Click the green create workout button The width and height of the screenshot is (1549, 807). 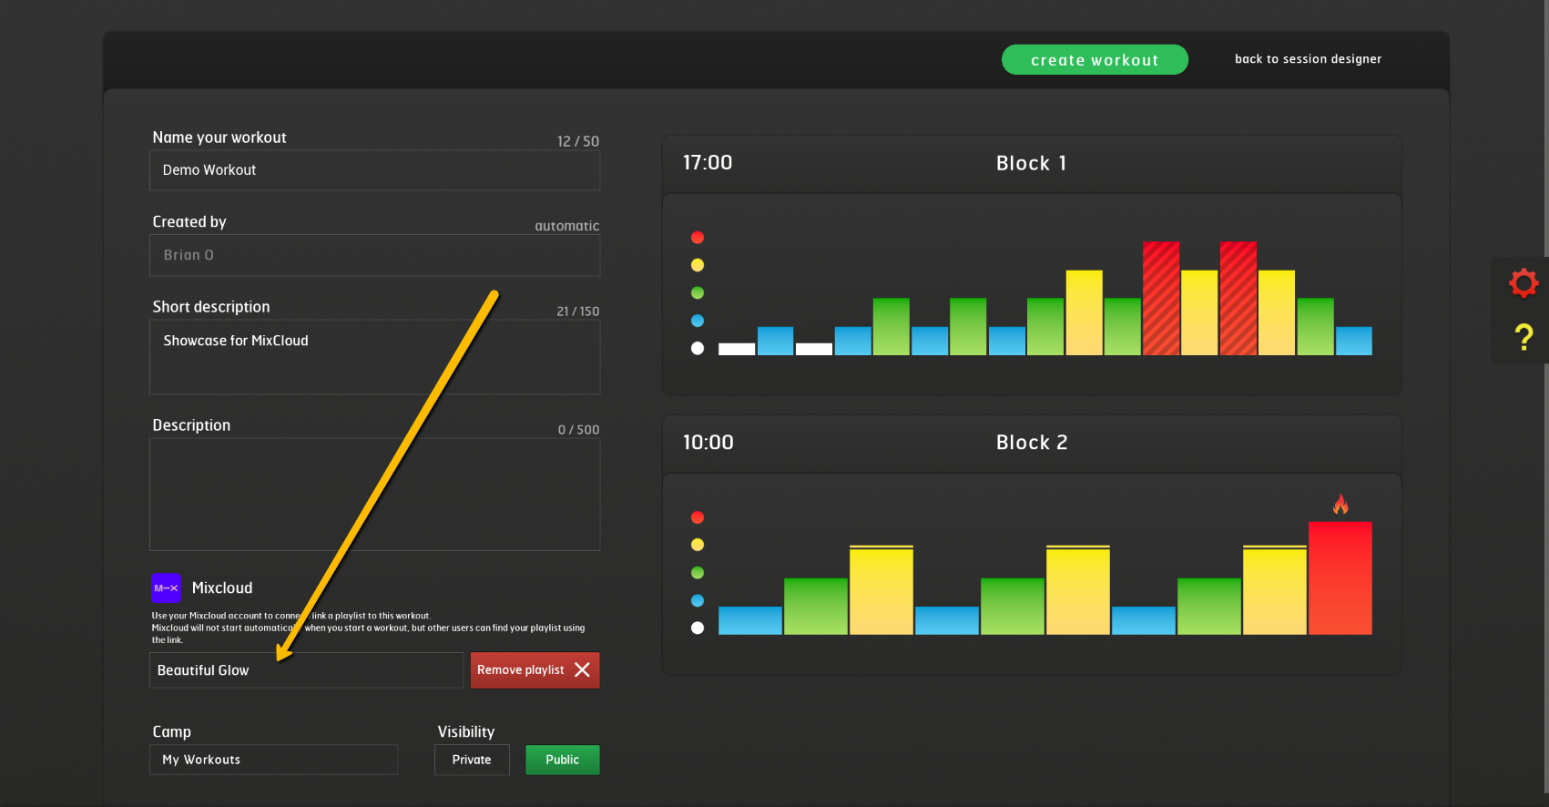(x=1095, y=60)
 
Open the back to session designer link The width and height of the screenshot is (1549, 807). (x=1308, y=59)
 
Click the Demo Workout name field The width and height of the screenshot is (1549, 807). (x=374, y=170)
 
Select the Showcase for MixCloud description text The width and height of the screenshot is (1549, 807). (x=236, y=341)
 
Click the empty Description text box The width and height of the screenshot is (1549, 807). (x=374, y=494)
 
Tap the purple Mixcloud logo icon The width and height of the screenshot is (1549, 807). (x=166, y=588)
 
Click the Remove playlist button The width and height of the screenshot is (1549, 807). (x=535, y=670)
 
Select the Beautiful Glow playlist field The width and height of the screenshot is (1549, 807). (x=306, y=670)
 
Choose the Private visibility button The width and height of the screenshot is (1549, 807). (x=472, y=760)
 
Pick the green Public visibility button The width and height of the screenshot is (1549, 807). (x=562, y=760)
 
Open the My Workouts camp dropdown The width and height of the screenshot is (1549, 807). (x=273, y=760)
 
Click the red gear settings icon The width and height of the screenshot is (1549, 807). (x=1524, y=282)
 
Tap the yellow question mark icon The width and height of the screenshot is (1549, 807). (x=1524, y=338)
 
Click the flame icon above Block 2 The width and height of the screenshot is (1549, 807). (x=1340, y=504)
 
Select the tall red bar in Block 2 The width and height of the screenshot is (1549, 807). (x=1340, y=577)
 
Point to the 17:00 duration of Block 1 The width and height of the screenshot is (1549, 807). (x=708, y=163)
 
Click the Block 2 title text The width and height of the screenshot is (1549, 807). (x=1031, y=443)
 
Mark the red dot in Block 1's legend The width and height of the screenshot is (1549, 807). (x=698, y=238)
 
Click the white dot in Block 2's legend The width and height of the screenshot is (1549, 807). (x=698, y=628)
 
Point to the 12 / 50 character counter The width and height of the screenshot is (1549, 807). (x=578, y=141)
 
